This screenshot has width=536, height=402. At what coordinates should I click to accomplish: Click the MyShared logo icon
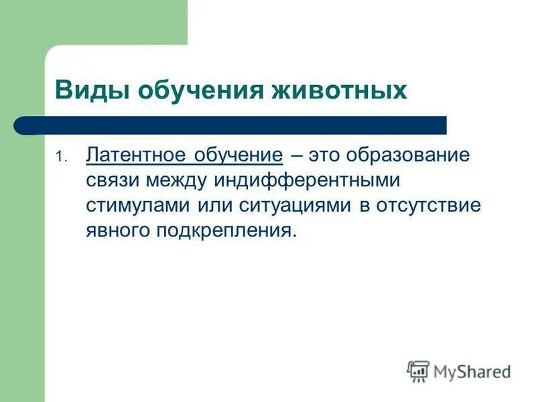pyautogui.click(x=419, y=371)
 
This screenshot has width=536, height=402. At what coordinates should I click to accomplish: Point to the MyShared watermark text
pyautogui.click(x=472, y=371)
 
